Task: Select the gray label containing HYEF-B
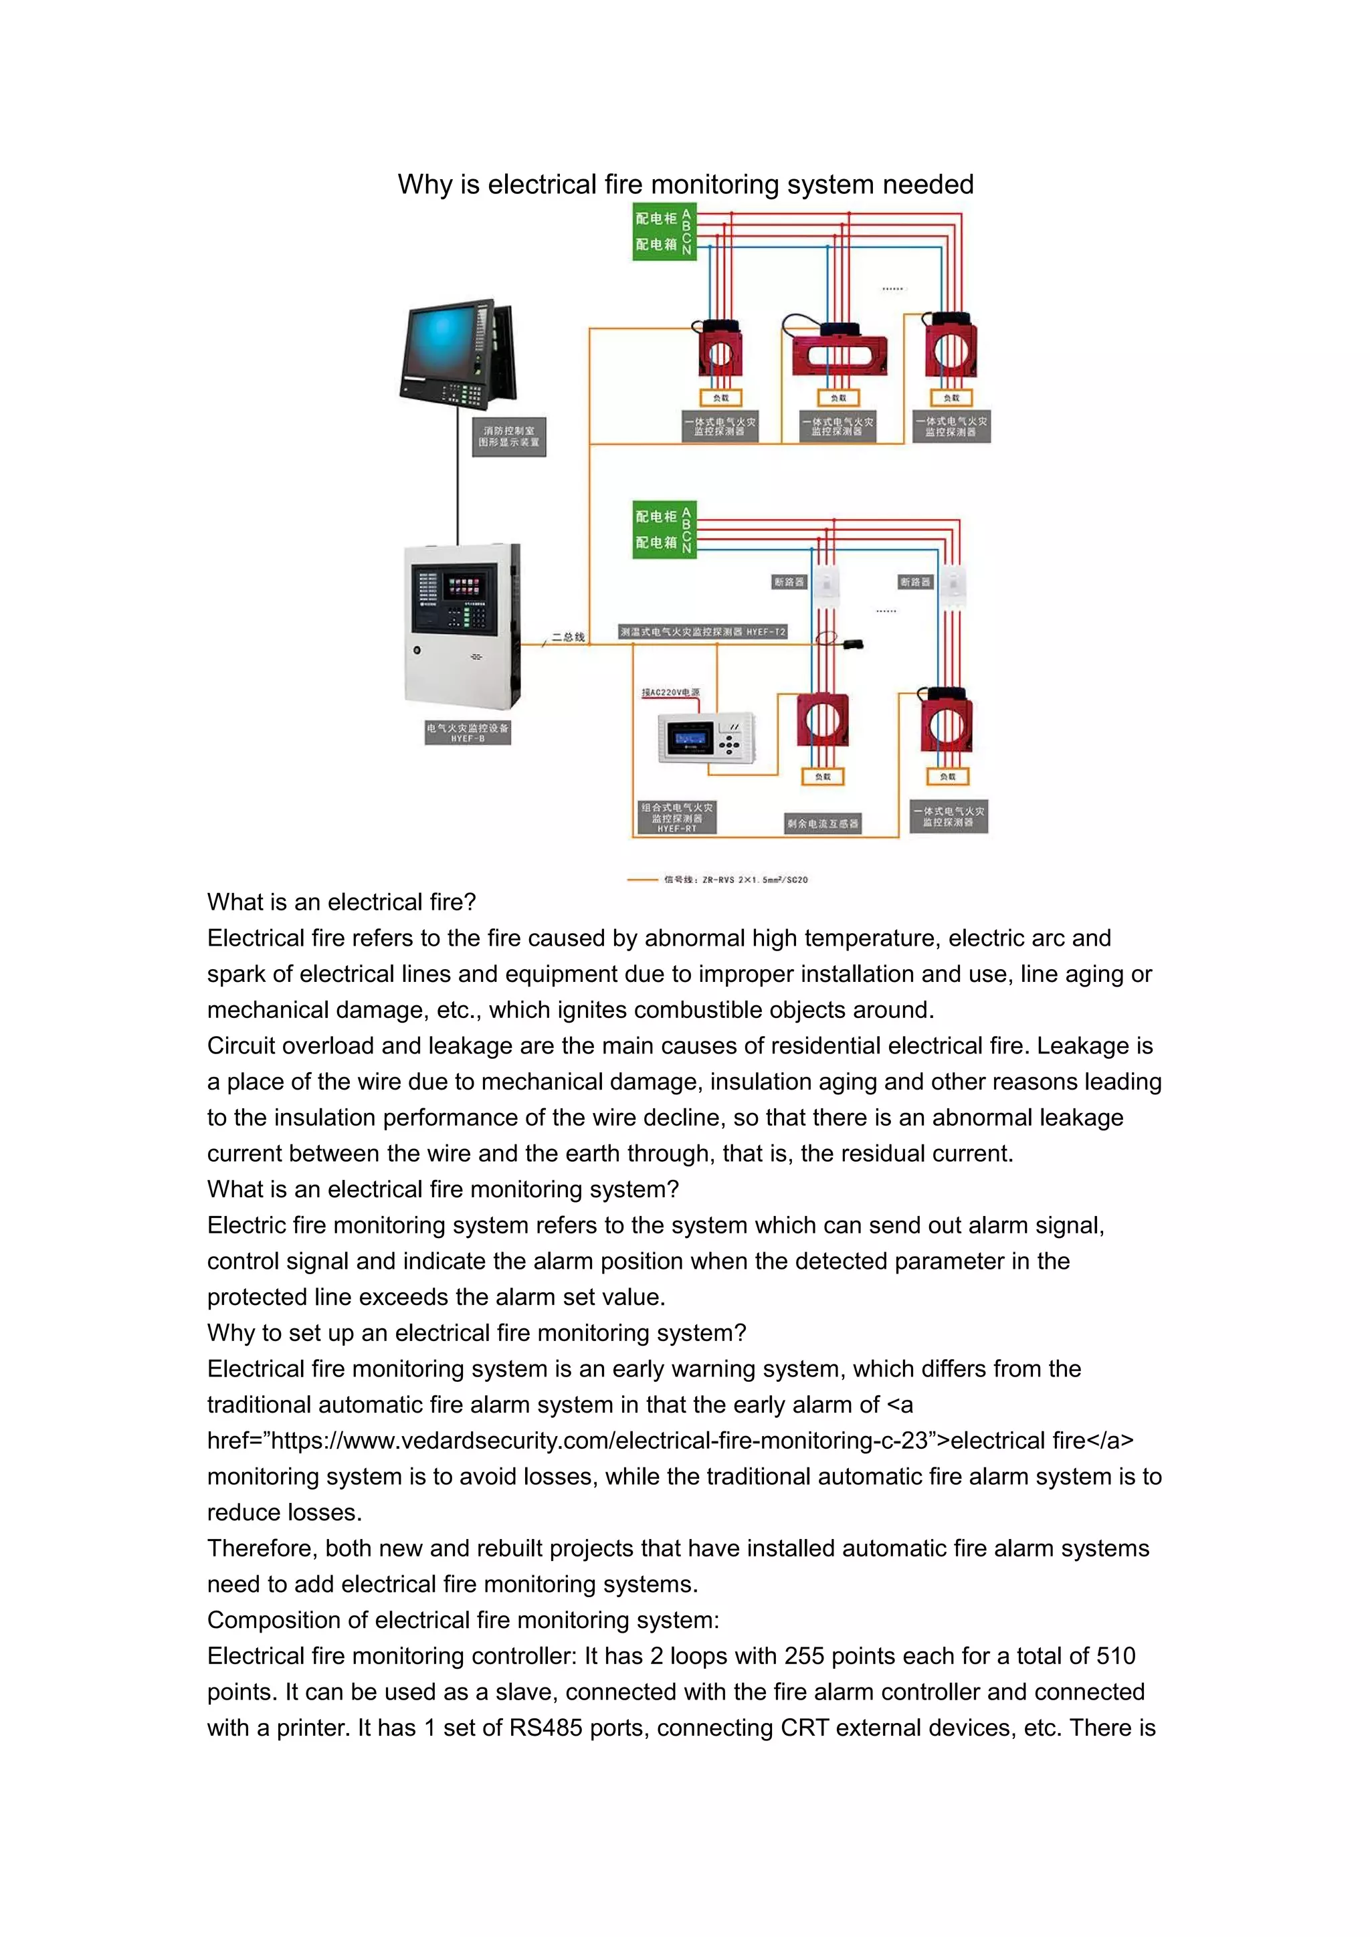pos(468,732)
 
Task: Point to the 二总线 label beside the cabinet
pos(568,637)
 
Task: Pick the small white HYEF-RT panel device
pos(705,737)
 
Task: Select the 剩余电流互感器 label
pos(823,823)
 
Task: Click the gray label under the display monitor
pos(508,436)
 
